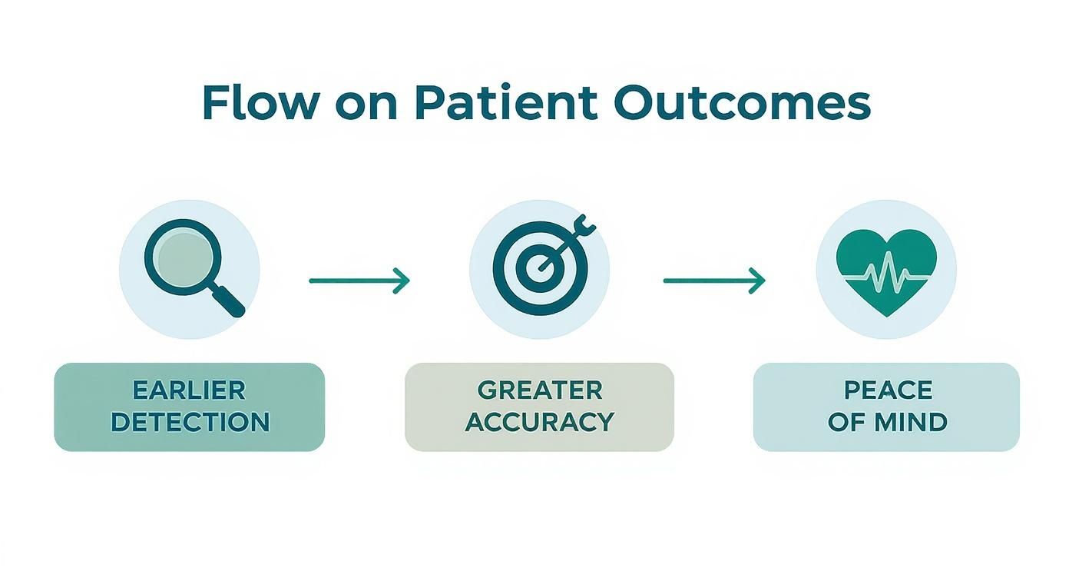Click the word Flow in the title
tap(260, 103)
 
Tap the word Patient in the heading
tap(506, 103)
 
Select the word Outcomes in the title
tap(742, 103)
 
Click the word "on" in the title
tap(366, 107)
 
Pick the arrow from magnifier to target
tap(359, 281)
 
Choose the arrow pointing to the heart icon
tap(714, 281)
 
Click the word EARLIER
tap(189, 390)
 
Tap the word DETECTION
tap(190, 422)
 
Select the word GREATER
tap(540, 390)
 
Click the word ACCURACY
tap(540, 422)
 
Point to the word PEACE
tap(888, 390)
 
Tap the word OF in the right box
tap(846, 422)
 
